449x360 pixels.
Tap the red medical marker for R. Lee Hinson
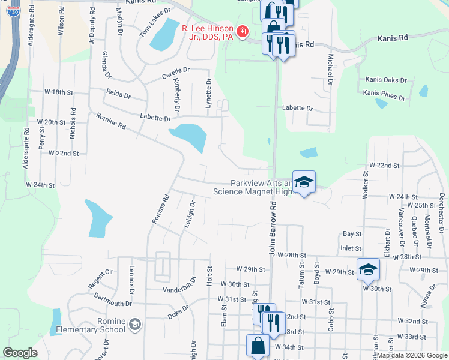(x=243, y=31)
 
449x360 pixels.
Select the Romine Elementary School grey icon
(x=135, y=325)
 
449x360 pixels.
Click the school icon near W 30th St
(x=368, y=269)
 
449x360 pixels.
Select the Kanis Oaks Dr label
(x=386, y=80)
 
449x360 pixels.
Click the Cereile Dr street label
(x=176, y=70)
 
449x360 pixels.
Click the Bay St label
(x=352, y=233)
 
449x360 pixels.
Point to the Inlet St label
(x=351, y=248)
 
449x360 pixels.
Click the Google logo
(x=20, y=353)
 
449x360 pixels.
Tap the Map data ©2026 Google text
(x=411, y=355)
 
